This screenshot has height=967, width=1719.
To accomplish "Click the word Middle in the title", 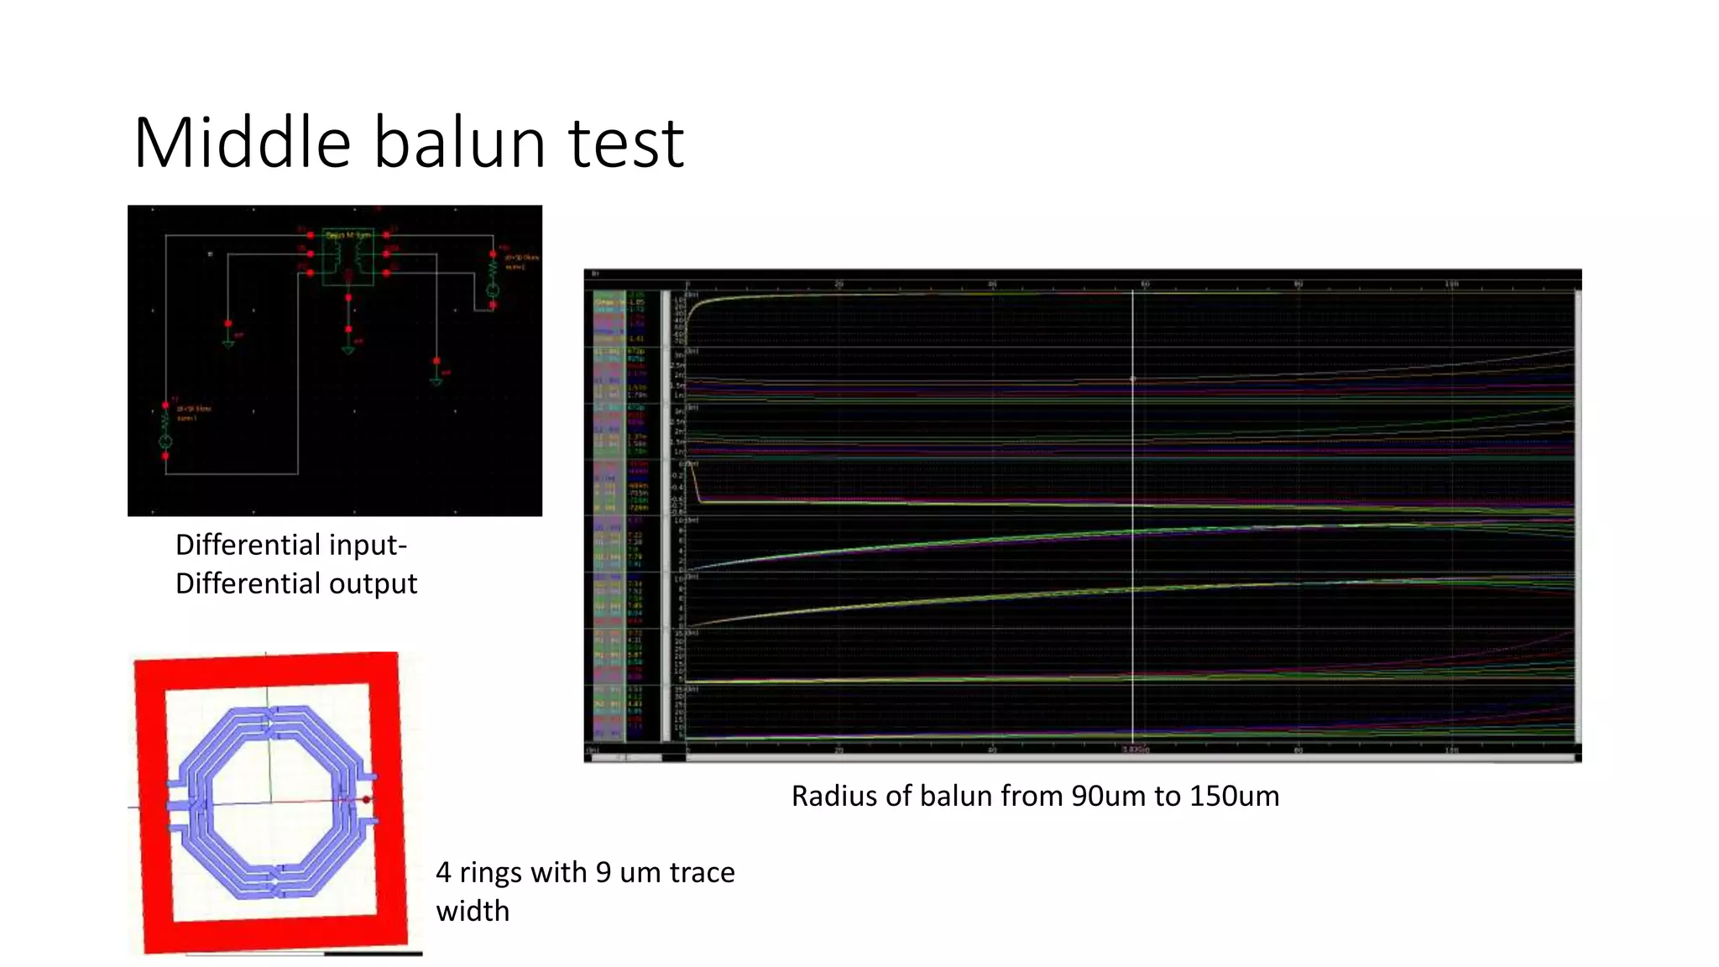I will click(x=242, y=143).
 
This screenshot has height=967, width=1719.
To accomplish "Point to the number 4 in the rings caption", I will click(x=444, y=873).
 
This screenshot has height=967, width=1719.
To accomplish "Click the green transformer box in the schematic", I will click(x=347, y=259).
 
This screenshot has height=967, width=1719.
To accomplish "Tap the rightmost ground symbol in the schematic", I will click(x=436, y=379).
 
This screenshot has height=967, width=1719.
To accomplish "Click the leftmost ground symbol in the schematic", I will click(x=228, y=341).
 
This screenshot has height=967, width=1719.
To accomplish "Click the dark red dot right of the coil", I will click(x=367, y=800).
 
